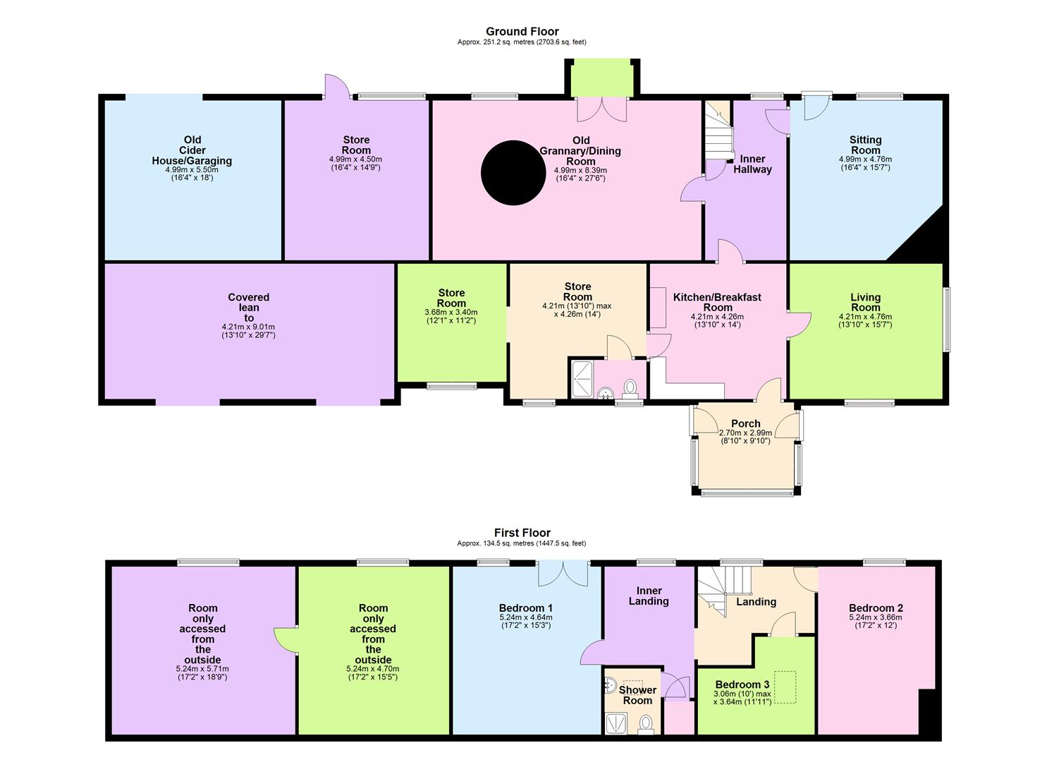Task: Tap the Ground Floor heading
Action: pos(522,32)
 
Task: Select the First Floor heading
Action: pos(522,533)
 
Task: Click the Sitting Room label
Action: pos(865,145)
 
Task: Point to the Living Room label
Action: pos(865,302)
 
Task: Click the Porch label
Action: pos(745,424)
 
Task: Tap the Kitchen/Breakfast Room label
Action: pos(717,302)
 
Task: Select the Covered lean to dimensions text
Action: pos(248,331)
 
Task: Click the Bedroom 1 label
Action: pos(525,608)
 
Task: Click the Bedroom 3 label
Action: pos(742,684)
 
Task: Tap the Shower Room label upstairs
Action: pos(637,695)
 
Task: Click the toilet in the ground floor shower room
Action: pos(630,387)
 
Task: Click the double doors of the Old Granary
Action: pos(601,109)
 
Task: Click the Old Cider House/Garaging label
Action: pos(192,150)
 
